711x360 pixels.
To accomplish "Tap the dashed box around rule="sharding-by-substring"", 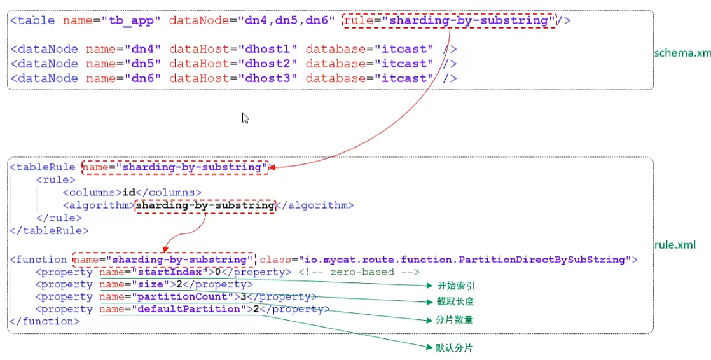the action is click(449, 20).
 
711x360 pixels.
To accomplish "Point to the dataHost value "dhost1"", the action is click(267, 49).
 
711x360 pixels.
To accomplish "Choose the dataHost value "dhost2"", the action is click(267, 64).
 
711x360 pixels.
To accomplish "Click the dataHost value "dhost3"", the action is click(267, 78).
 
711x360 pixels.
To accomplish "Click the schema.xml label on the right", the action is click(682, 53).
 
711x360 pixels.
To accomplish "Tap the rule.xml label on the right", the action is click(675, 245).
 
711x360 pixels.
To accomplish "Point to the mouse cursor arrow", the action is click(245, 118).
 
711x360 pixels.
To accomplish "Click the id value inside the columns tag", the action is click(128, 192).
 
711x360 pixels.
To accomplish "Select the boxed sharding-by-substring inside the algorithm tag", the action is click(205, 205).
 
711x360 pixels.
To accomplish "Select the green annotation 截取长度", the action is click(455, 301).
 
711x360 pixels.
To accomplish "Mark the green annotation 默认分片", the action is click(454, 349).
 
